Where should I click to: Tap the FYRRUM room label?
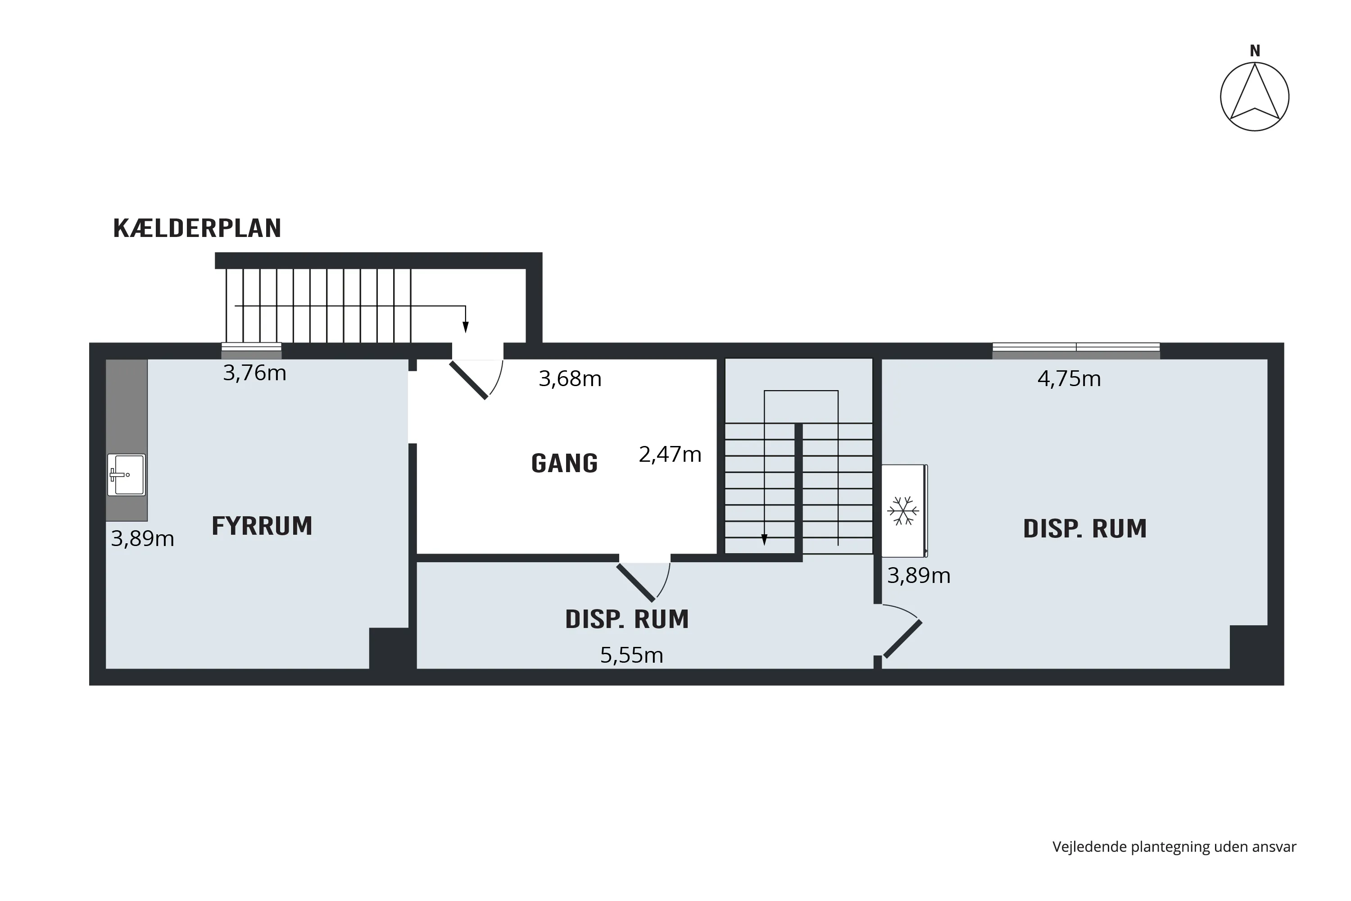(x=262, y=526)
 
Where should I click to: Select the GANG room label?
(x=565, y=463)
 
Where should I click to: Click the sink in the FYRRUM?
(x=127, y=475)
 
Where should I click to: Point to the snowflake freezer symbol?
(x=903, y=511)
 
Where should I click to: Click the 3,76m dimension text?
(x=254, y=373)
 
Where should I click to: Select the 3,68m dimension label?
(x=570, y=379)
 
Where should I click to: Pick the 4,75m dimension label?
(x=1069, y=379)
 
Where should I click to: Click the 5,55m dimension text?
(x=632, y=655)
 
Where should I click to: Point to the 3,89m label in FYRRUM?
(x=142, y=538)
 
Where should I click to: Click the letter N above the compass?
(x=1255, y=51)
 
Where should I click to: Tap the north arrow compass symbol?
(x=1255, y=96)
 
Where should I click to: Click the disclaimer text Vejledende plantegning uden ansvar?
(x=1174, y=846)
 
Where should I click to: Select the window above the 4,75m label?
(x=1076, y=351)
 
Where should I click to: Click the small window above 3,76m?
(x=252, y=351)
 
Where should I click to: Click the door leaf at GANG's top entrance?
(x=469, y=380)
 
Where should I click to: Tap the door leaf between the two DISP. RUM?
(x=903, y=639)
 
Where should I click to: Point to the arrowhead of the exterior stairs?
(x=465, y=327)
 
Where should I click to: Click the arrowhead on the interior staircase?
(x=764, y=540)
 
